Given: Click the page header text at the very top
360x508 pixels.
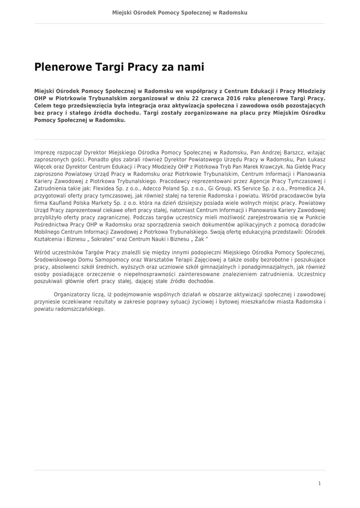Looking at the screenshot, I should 180,12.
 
